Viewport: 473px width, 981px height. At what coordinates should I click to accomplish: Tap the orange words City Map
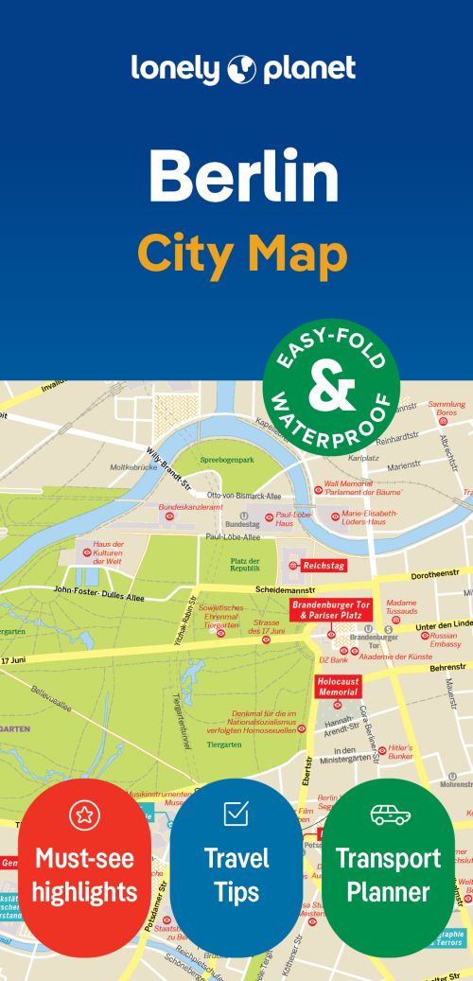[242, 253]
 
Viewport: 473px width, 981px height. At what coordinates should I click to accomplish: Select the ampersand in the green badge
[331, 386]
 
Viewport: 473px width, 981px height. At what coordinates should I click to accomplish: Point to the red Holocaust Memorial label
[338, 686]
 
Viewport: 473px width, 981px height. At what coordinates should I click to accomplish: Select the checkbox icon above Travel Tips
[236, 813]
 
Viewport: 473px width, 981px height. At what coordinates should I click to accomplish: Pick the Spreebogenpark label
[227, 460]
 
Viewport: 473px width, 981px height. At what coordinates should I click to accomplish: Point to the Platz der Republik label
[245, 564]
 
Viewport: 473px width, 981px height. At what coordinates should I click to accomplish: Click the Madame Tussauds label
[401, 606]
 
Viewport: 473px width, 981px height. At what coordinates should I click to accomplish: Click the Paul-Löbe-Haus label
[294, 518]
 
